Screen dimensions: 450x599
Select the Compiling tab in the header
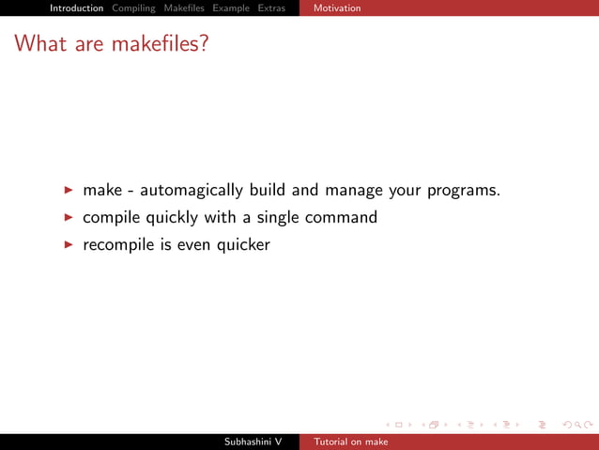coord(133,8)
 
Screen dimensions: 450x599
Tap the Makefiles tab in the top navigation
coord(184,8)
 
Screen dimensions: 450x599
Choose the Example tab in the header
coord(231,8)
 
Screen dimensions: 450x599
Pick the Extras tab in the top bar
coord(271,8)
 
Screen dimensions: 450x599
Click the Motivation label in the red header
coord(337,8)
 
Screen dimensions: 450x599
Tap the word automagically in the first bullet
coord(192,191)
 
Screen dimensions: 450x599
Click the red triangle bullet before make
coord(69,191)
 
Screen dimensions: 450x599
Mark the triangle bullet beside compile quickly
coord(69,218)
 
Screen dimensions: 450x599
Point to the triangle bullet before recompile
coord(69,245)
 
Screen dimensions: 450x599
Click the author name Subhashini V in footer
coord(253,442)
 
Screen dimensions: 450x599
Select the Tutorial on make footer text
coord(351,442)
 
